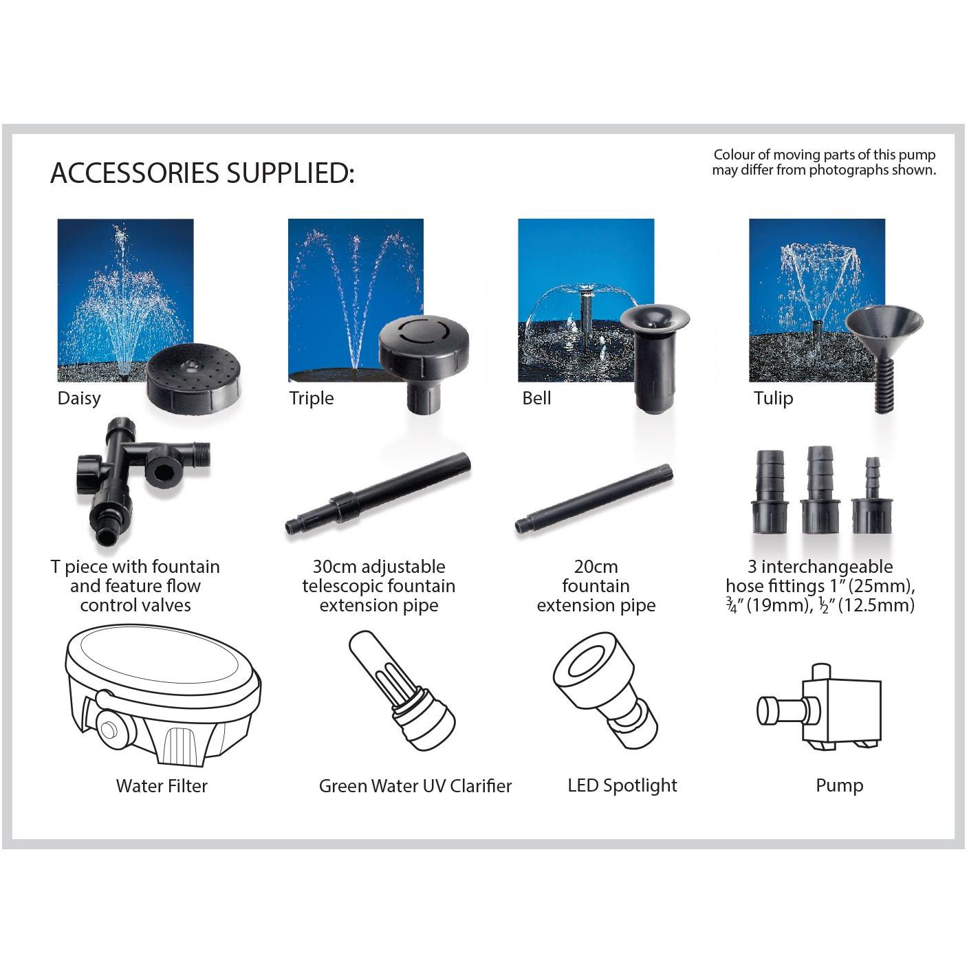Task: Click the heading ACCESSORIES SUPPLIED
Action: pyautogui.click(x=202, y=173)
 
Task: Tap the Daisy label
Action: pyautogui.click(x=79, y=398)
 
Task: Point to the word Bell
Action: pyautogui.click(x=536, y=398)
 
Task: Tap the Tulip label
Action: pyautogui.click(x=773, y=398)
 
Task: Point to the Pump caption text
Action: pyautogui.click(x=839, y=785)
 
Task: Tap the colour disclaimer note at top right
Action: pyautogui.click(x=824, y=162)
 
